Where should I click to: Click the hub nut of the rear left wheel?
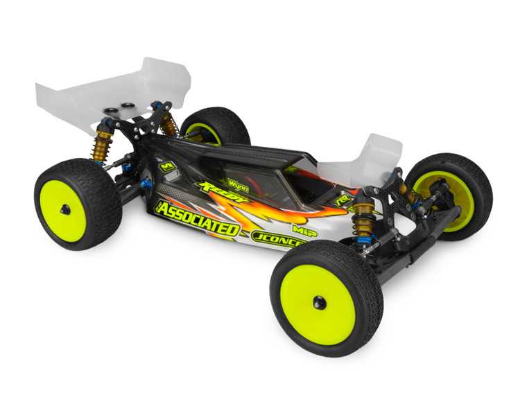pos(64,209)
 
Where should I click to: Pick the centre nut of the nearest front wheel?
pos(320,302)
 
